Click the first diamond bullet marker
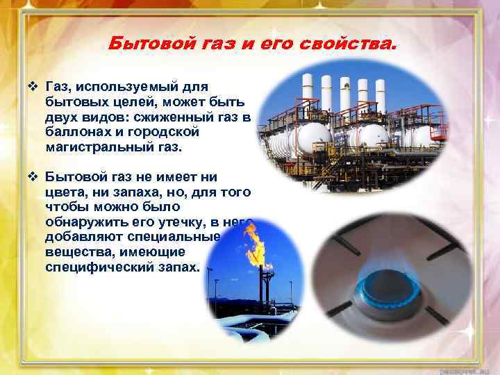click(x=33, y=87)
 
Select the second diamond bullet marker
click(x=33, y=177)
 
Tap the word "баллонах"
click(x=74, y=133)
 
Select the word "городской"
click(x=166, y=133)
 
